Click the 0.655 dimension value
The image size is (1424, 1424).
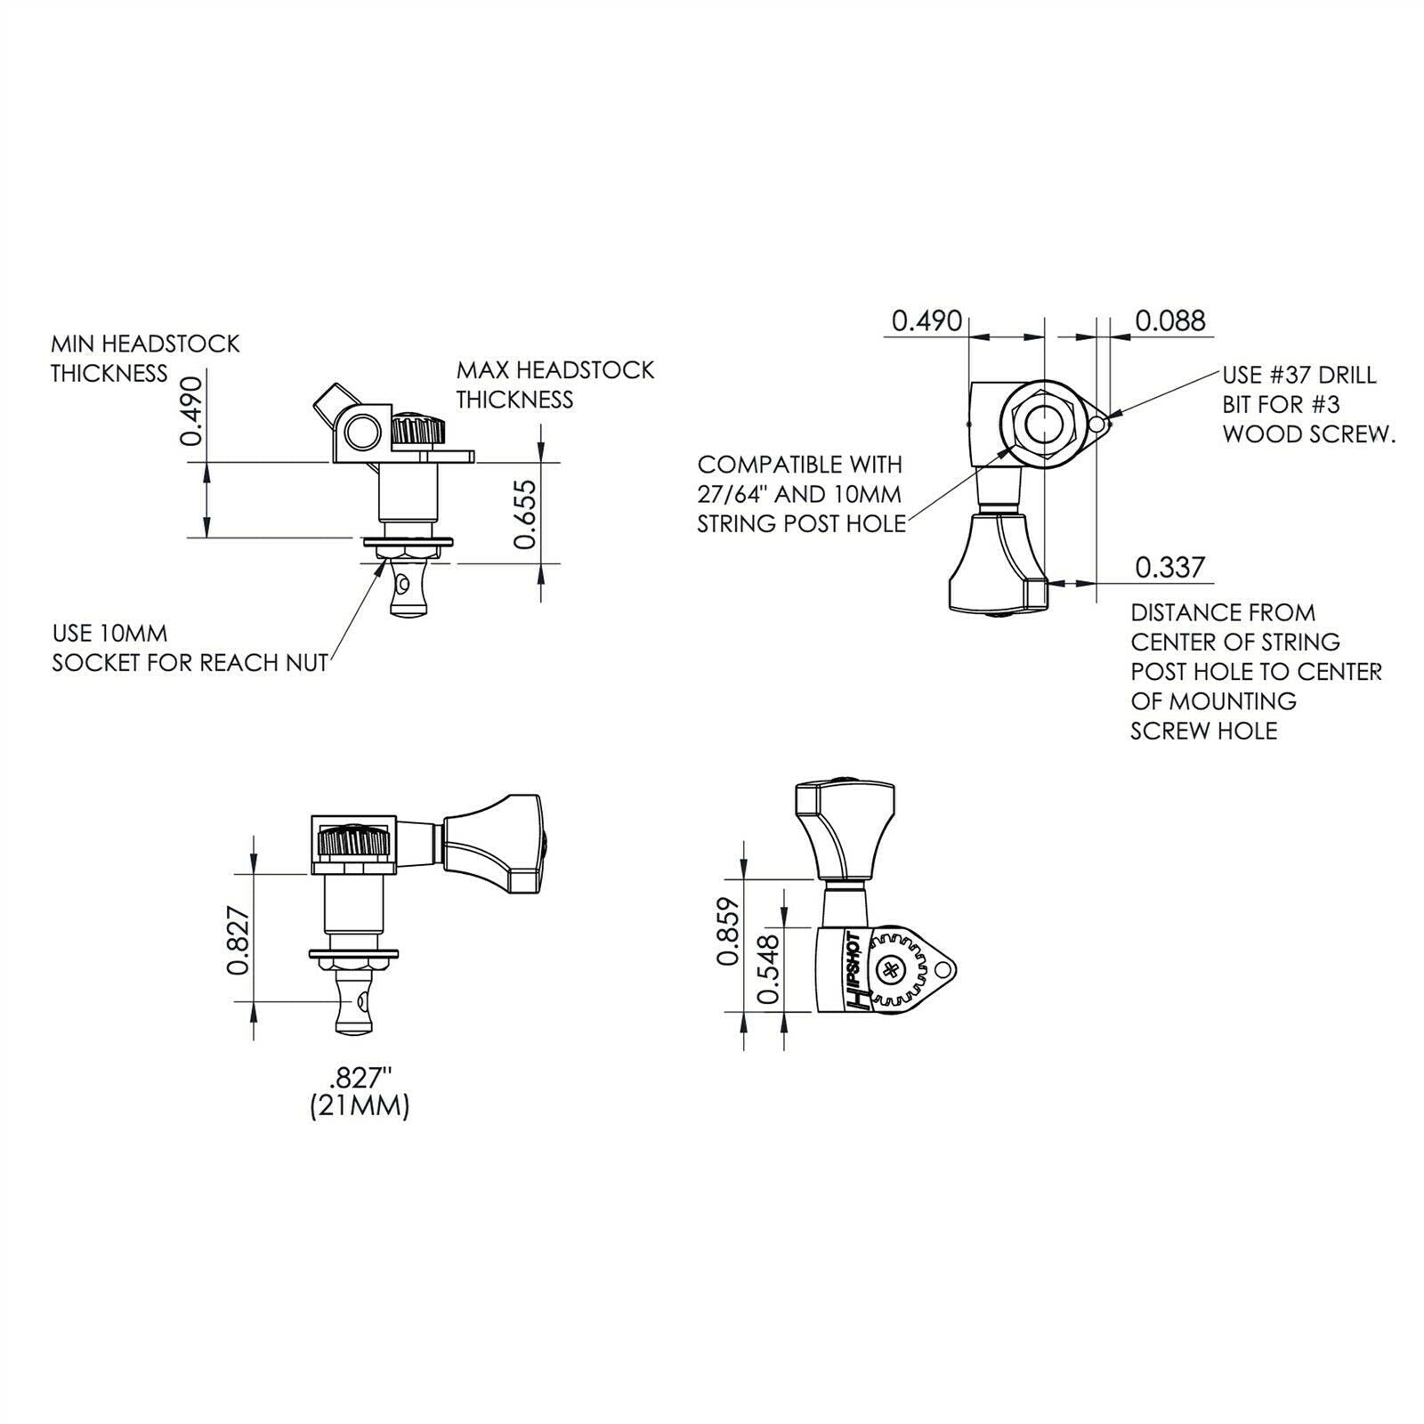526,514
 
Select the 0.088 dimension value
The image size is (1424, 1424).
1170,320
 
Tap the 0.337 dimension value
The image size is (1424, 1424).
1170,567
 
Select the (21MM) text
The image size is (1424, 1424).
360,1107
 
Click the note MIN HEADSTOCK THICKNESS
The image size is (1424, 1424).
145,359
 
